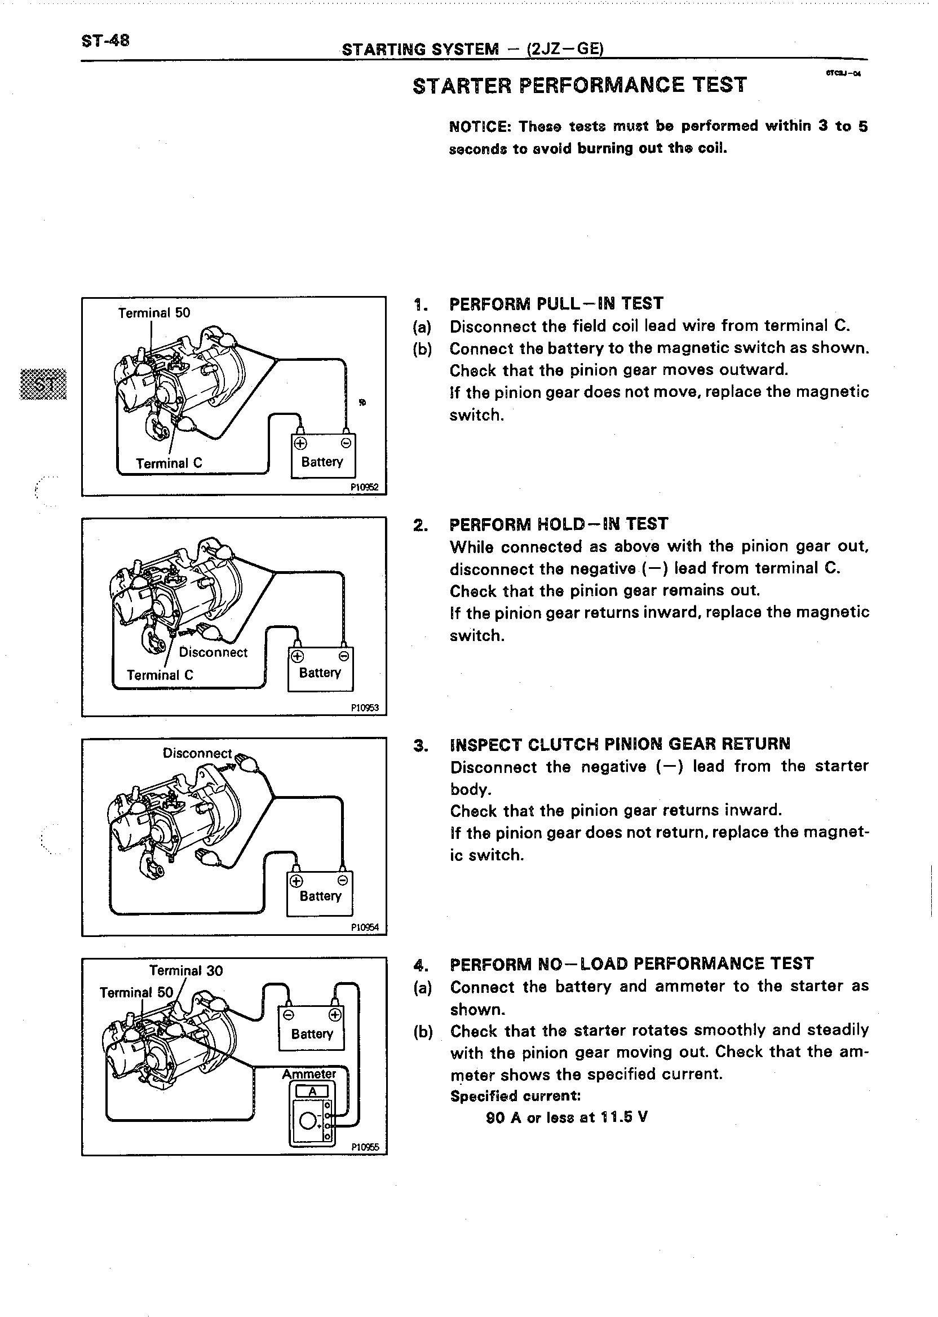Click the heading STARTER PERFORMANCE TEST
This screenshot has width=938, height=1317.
pos(579,85)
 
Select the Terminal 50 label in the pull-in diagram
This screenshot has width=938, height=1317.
pos(154,313)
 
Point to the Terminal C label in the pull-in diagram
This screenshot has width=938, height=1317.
pos(169,463)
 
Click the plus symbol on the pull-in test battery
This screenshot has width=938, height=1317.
pos(300,444)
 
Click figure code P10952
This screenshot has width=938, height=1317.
pos(365,487)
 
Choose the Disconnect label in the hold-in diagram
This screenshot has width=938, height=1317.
pos(213,652)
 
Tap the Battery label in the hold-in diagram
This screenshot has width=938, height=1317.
pos(320,673)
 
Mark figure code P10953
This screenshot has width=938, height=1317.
pos(365,708)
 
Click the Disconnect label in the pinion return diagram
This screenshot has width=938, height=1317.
pos(197,753)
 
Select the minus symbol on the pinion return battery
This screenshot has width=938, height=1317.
pos(343,880)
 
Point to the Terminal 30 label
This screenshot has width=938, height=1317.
pos(186,971)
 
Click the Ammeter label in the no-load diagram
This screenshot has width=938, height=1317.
pos(309,1075)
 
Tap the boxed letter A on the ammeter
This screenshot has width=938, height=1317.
pos(312,1091)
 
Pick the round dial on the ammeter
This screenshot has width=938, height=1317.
pos(307,1121)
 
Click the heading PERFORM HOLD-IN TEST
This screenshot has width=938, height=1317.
pos(559,524)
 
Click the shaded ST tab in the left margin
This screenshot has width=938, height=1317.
pos(44,383)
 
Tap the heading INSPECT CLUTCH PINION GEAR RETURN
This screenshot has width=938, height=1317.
pos(620,744)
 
